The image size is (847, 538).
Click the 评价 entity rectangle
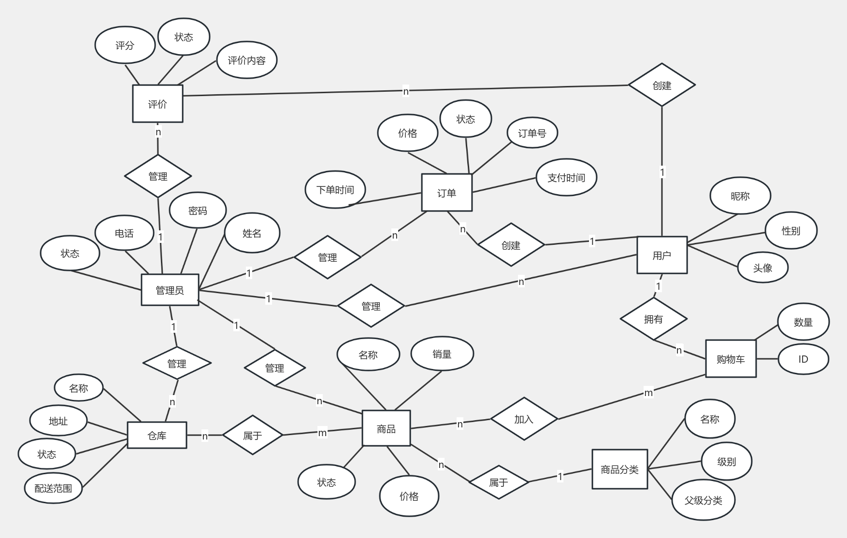coord(158,104)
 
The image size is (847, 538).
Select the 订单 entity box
coord(446,193)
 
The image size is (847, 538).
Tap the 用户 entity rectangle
coord(662,255)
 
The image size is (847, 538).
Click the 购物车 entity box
coord(731,358)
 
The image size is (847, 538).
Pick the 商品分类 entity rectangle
coord(619,469)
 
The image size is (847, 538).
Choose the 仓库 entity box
coord(157,435)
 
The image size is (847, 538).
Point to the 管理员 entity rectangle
coord(170,290)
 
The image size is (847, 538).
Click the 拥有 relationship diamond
coord(653,319)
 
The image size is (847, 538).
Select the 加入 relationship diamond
coord(524,419)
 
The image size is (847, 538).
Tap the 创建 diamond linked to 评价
coord(661,85)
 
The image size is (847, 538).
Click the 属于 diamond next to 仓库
coord(252,435)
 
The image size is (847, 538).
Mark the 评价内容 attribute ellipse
coord(246,60)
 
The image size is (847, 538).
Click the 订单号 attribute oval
coord(532,133)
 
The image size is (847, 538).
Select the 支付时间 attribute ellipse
coord(566,177)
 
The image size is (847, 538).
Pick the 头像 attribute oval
coord(763,268)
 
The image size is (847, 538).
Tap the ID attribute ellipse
coord(803,359)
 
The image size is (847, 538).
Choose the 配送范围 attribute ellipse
coord(53,488)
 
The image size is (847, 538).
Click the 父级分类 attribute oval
coord(703,500)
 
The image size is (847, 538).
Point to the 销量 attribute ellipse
coord(442,354)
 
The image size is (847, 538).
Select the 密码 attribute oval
coord(198,211)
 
